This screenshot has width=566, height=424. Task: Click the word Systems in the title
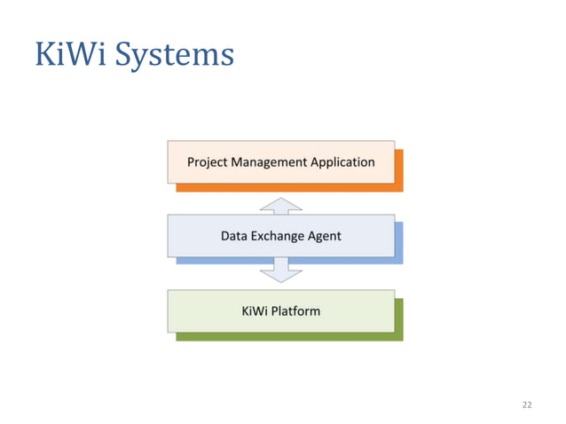[175, 56]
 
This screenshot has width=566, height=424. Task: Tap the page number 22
[527, 404]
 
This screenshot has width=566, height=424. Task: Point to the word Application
[342, 162]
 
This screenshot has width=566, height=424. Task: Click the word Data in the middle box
[234, 236]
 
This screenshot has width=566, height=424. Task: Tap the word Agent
[326, 236]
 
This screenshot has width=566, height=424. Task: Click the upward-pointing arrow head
[280, 204]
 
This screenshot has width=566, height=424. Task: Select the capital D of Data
[225, 236]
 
